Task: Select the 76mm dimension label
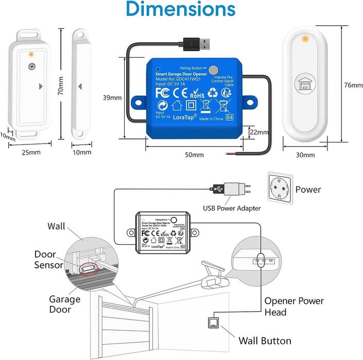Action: (x=352, y=85)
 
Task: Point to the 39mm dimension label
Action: (x=113, y=97)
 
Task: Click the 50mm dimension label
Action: (x=194, y=154)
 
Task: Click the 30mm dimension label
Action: (x=306, y=155)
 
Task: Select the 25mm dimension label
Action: (x=31, y=153)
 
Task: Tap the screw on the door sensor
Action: (x=32, y=66)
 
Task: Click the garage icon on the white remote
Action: (x=306, y=86)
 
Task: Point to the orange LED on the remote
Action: (x=306, y=39)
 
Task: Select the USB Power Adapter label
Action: (x=232, y=208)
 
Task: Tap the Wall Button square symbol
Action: (x=213, y=323)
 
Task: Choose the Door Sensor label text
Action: (x=49, y=260)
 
